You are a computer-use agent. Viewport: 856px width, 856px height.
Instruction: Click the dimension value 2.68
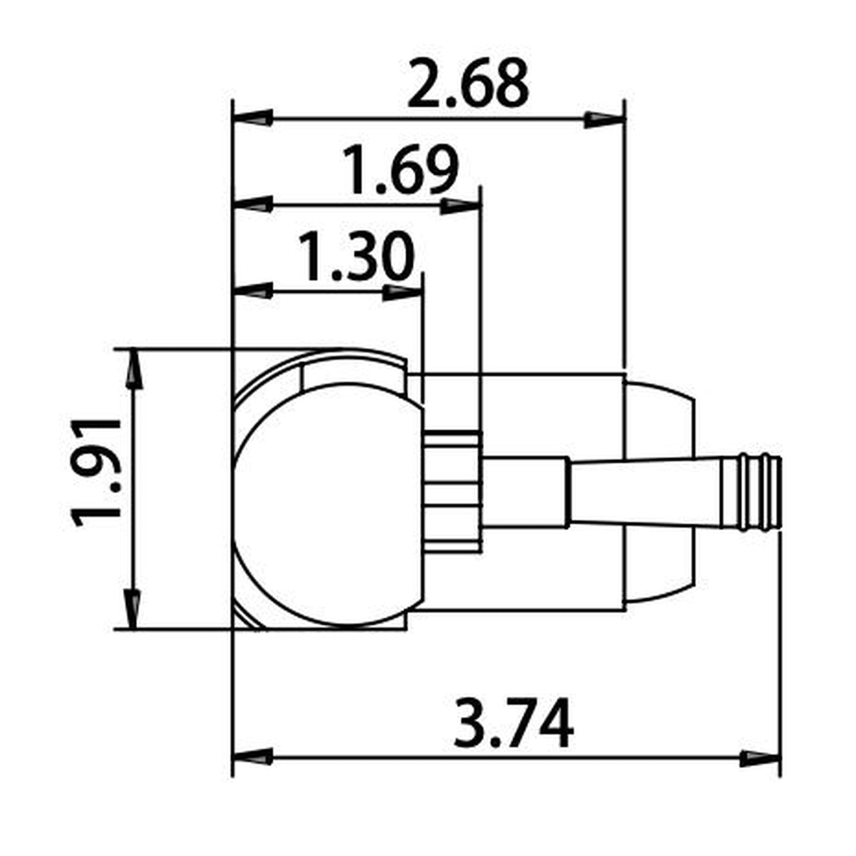467,84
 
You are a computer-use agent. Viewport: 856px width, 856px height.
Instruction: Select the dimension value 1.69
401,171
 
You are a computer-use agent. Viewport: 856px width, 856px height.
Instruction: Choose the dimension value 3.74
513,723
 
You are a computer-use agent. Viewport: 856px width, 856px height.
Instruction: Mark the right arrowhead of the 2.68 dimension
604,118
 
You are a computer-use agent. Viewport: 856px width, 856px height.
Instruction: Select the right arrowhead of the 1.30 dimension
403,291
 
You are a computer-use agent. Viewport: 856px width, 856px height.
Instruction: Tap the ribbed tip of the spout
761,493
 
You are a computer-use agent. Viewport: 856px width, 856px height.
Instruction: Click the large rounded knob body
329,504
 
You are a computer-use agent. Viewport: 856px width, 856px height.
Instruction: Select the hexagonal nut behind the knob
453,492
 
